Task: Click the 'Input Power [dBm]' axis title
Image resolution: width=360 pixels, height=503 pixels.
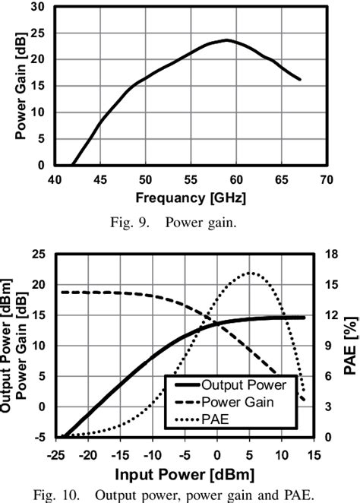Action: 186,475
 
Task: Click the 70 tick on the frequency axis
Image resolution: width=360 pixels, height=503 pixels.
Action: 326,179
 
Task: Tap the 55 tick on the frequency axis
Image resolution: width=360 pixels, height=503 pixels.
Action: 191,179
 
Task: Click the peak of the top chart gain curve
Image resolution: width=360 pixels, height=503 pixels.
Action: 227,40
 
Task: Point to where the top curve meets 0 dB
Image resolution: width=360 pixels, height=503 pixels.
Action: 73,165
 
